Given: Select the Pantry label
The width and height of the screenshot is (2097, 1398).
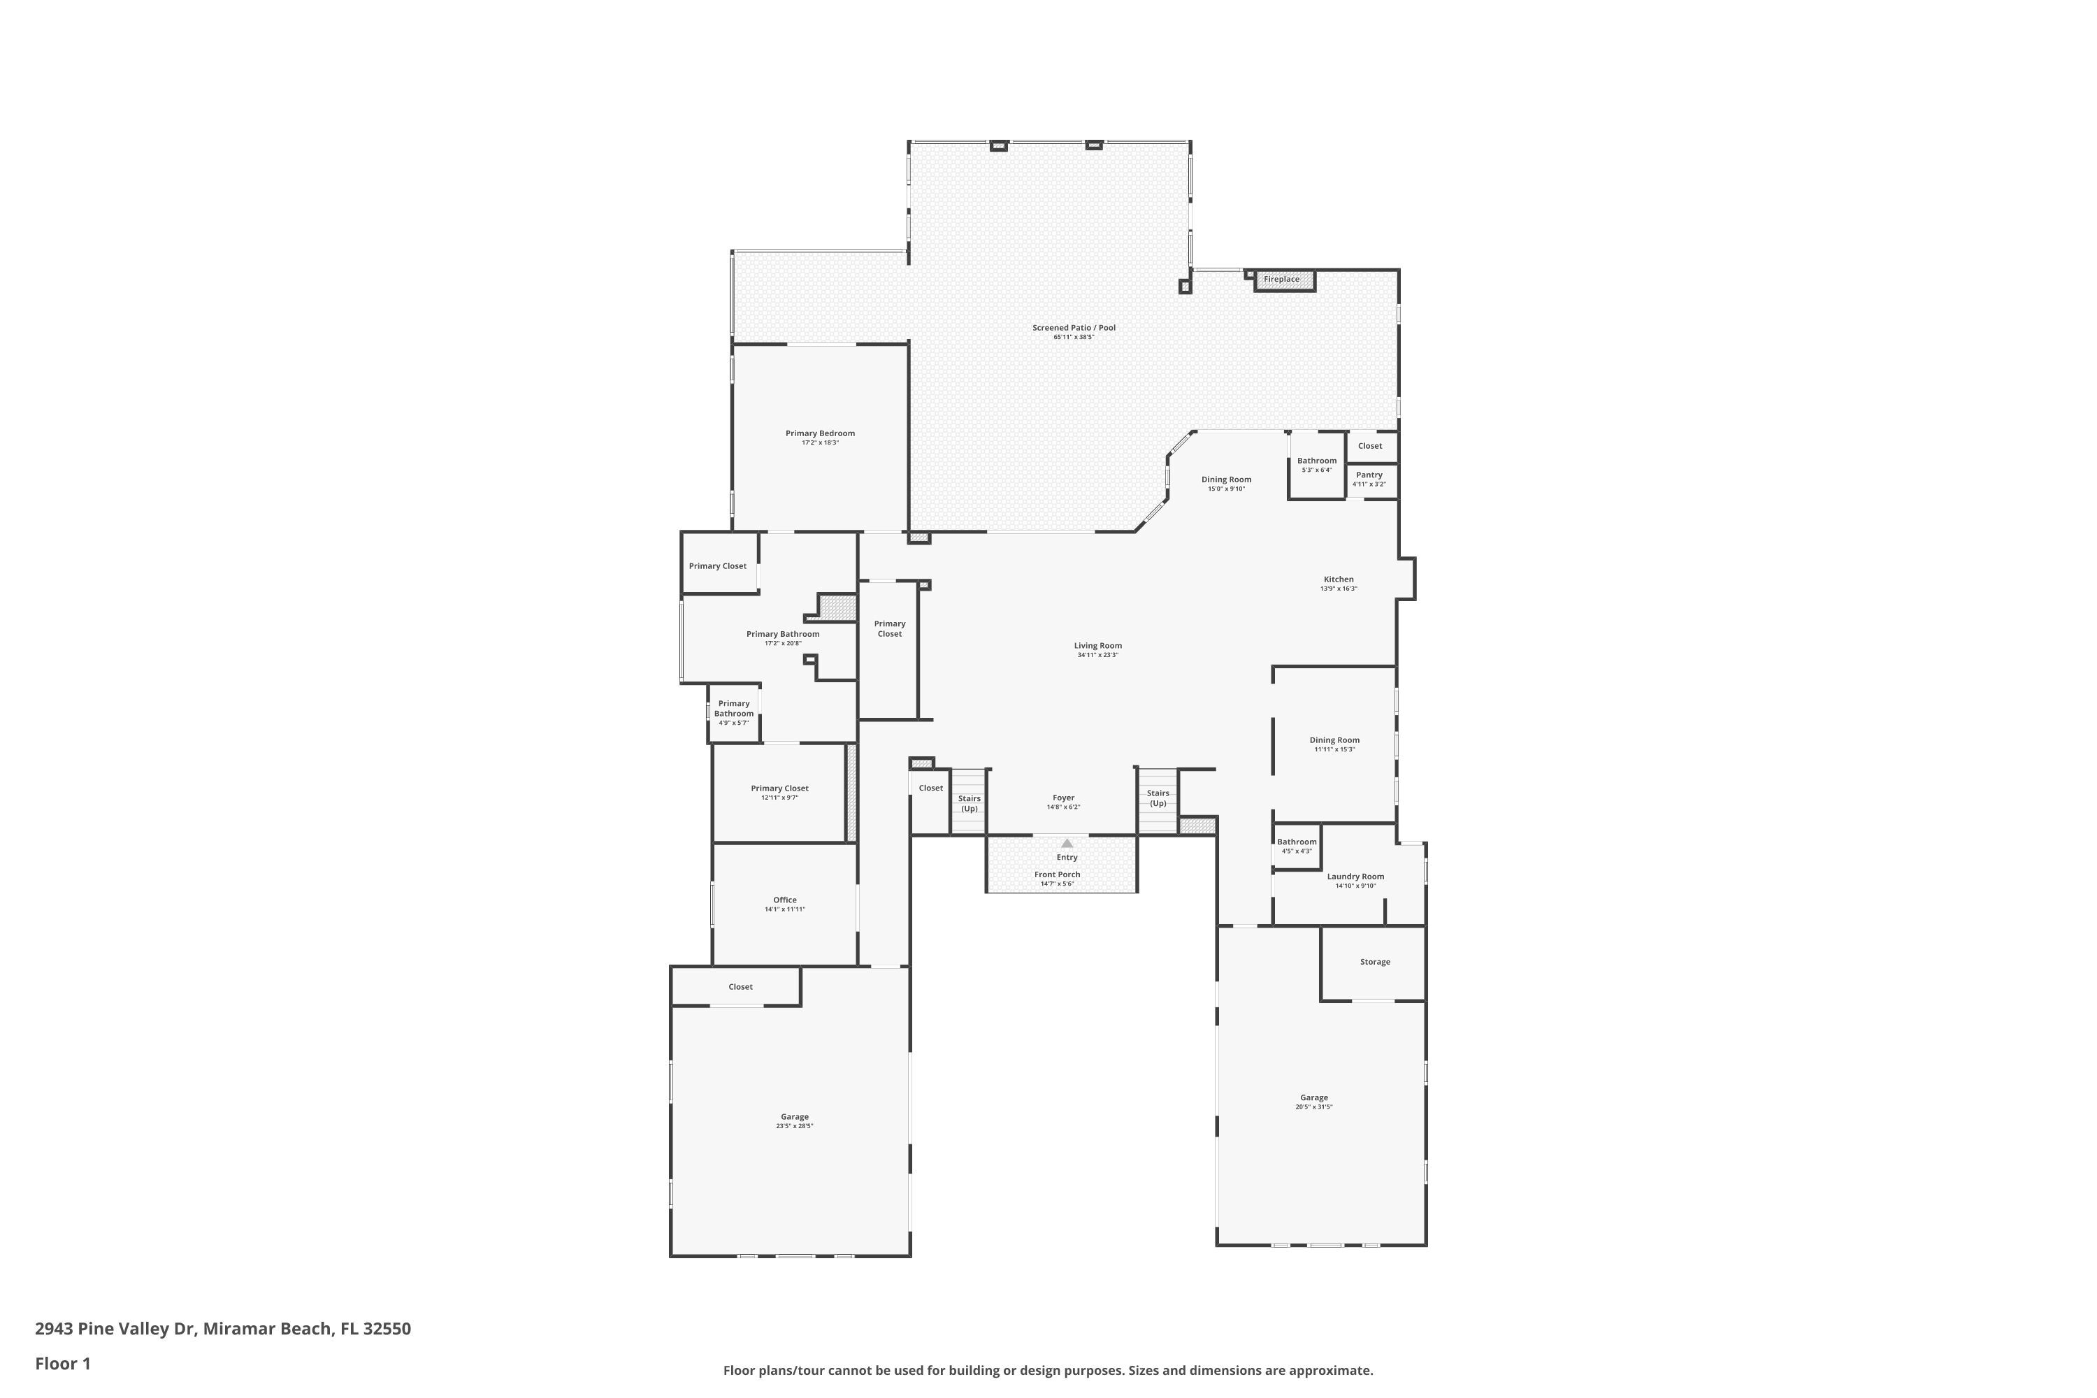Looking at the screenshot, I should point(1369,475).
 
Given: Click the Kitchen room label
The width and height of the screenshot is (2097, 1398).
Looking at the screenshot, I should point(1339,579).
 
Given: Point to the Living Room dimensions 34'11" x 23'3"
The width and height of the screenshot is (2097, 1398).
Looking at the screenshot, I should point(1097,656).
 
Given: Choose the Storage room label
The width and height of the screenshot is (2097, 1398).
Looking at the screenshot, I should point(1375,962).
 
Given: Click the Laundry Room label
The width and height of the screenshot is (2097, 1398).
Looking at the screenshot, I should point(1355,877).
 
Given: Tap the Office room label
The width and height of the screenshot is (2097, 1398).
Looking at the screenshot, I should point(784,900).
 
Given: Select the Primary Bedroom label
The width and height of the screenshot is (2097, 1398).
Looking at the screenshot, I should point(819,433).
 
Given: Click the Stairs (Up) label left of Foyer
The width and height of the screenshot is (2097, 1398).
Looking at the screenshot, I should point(969,803).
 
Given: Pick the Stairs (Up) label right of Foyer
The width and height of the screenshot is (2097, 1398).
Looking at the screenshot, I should point(1158,798).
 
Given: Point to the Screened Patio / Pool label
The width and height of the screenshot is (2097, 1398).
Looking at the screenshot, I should point(1074,328).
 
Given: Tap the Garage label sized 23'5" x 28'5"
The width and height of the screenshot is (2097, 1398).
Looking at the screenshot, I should point(794,1116).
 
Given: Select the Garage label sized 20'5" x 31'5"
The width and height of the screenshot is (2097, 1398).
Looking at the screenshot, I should point(1313,1097).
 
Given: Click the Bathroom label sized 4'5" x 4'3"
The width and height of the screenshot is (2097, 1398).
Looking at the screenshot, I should point(1297,842).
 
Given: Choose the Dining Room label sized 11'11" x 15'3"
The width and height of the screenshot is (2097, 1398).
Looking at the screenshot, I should point(1334,740).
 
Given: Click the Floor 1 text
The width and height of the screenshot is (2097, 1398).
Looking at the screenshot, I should point(62,1363).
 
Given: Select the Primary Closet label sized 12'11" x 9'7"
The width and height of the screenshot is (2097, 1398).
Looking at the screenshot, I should point(779,788).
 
